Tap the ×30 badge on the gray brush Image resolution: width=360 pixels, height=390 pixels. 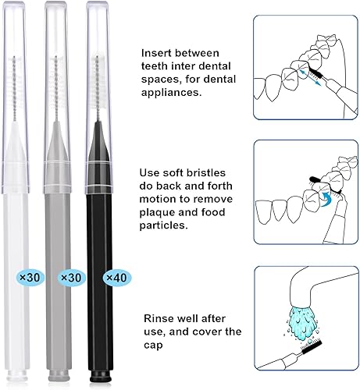coord(68,277)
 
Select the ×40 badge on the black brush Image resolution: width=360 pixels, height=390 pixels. coord(114,277)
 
